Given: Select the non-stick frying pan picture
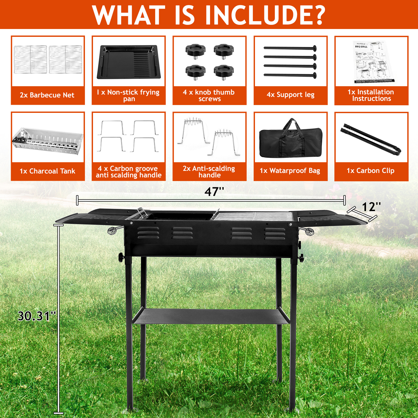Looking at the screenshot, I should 129,62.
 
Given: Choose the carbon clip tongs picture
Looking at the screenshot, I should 370,139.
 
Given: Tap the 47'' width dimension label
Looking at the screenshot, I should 214,192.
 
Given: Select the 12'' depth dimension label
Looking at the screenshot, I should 371,207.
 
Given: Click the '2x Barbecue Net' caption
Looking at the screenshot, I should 47,95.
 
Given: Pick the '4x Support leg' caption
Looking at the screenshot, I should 291,95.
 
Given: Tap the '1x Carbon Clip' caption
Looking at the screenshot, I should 370,171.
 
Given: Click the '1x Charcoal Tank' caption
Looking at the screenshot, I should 48,171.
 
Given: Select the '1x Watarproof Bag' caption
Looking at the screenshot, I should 290,171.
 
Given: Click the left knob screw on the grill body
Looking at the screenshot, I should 121,257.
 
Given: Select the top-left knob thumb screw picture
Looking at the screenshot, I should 195,50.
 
